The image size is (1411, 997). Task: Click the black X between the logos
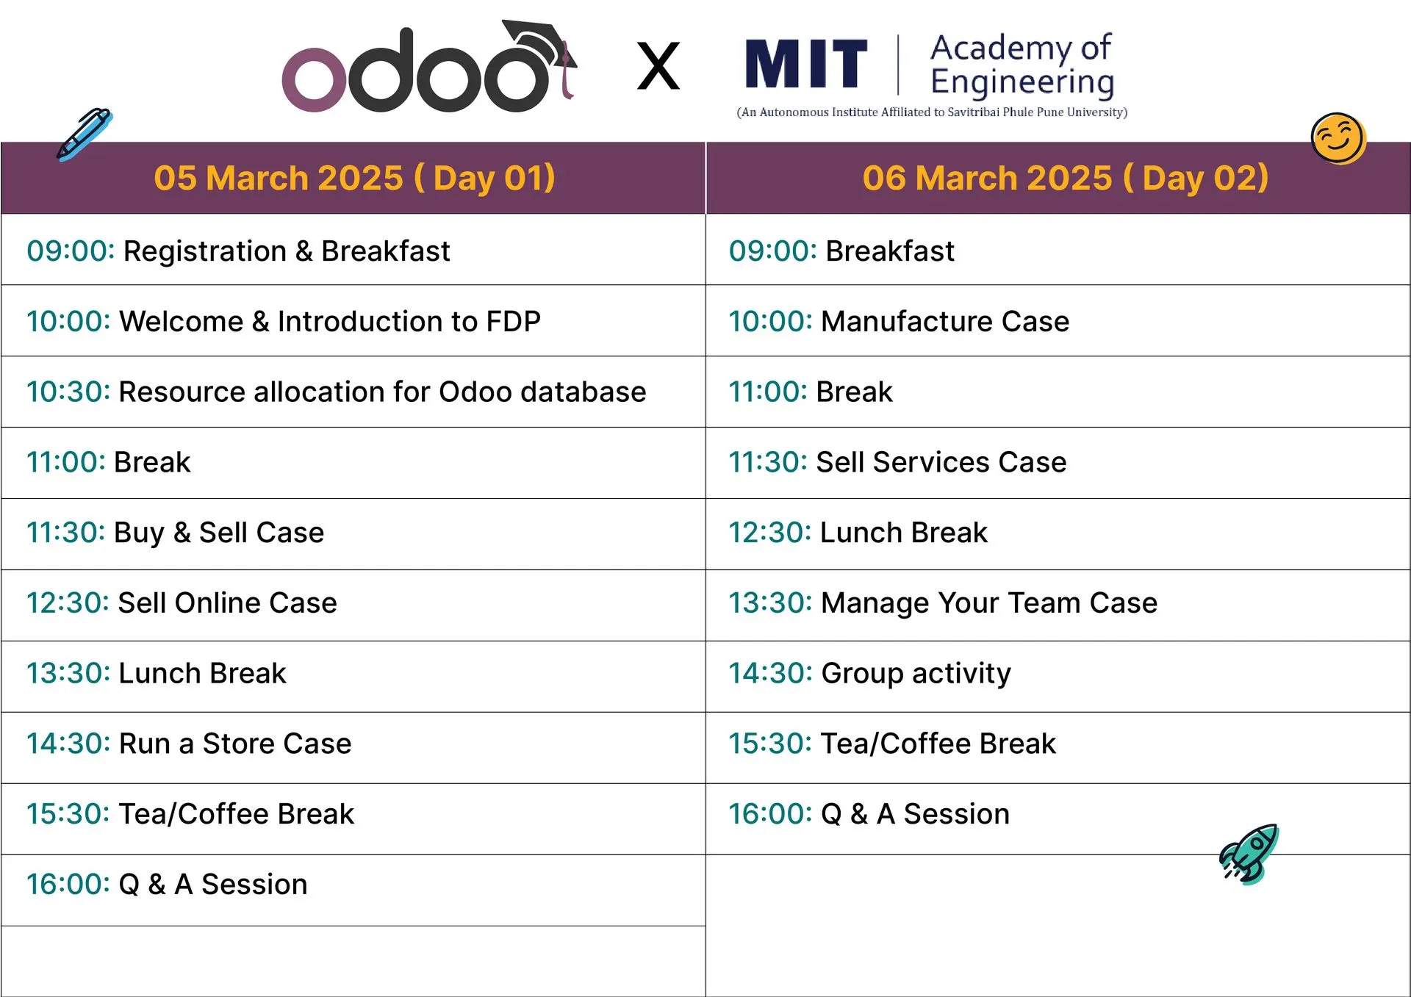[658, 66]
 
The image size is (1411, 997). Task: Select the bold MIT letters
[805, 65]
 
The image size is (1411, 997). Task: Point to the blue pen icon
[84, 134]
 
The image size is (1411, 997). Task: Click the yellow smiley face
[1338, 138]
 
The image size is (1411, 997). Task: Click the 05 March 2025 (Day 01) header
[354, 178]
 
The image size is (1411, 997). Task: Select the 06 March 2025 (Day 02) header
[1065, 178]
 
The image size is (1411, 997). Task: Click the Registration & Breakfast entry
[286, 251]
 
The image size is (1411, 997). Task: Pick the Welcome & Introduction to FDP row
[329, 322]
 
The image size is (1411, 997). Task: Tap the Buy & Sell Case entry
[218, 533]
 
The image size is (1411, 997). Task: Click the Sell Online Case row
[227, 603]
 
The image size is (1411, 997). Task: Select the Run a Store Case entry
[234, 744]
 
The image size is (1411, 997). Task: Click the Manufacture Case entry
[944, 322]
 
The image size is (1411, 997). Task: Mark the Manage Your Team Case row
[988, 603]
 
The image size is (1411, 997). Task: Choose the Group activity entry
[916, 674]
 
